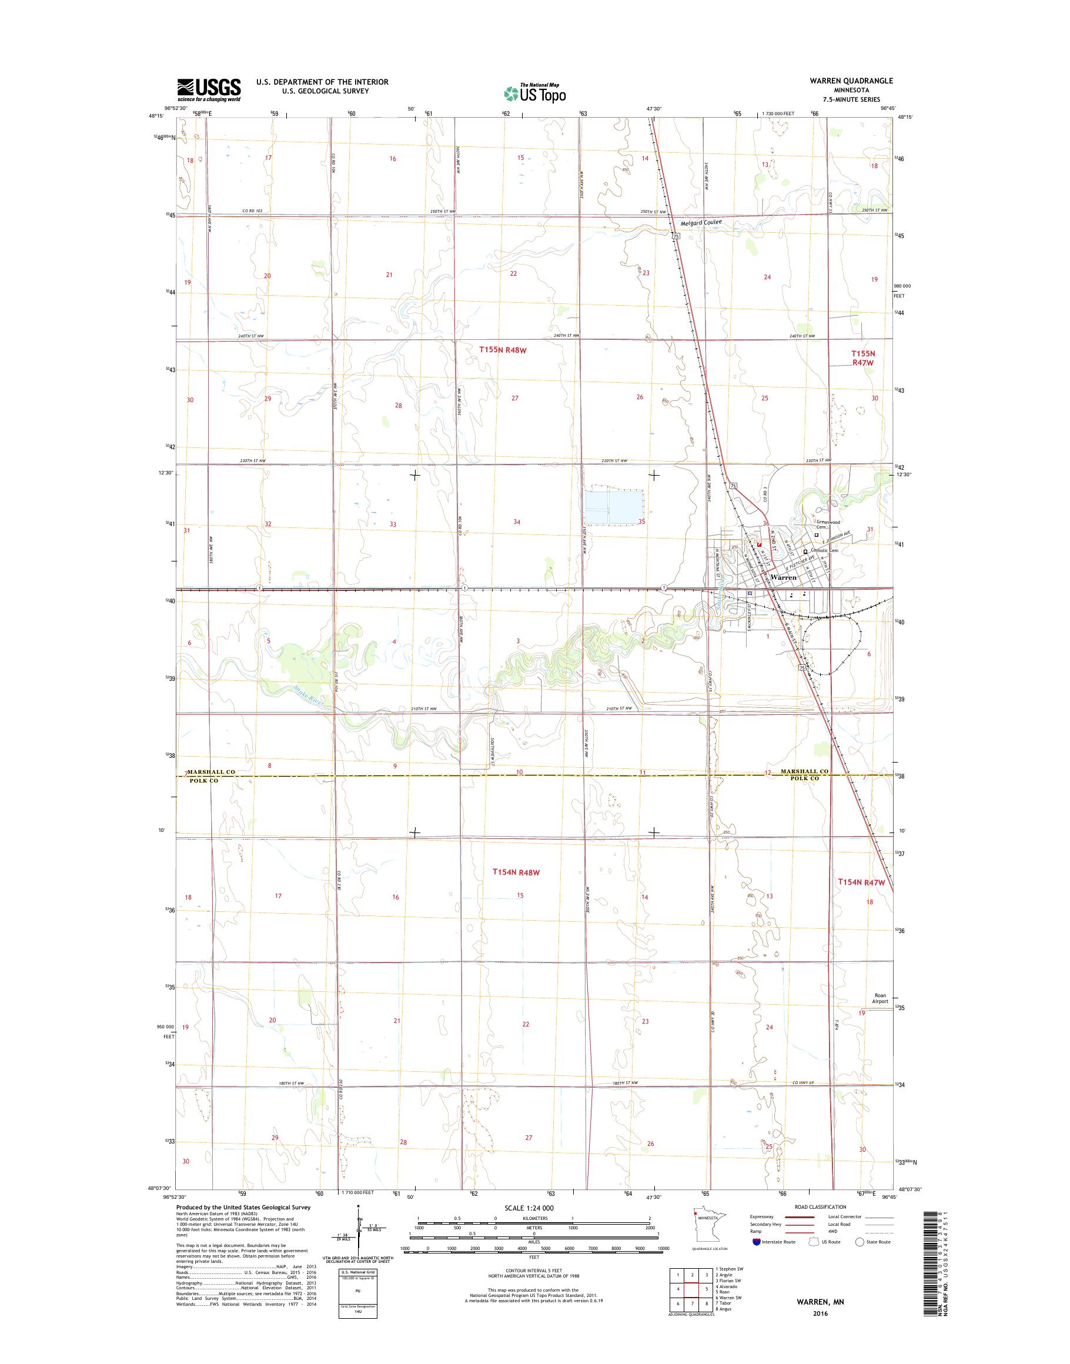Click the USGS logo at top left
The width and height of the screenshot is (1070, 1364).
(x=209, y=89)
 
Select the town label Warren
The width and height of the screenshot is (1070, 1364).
(x=784, y=577)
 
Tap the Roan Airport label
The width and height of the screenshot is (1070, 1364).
(x=880, y=999)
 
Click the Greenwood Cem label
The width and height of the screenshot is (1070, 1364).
(x=828, y=524)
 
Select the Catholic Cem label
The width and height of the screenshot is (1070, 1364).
(x=824, y=551)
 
